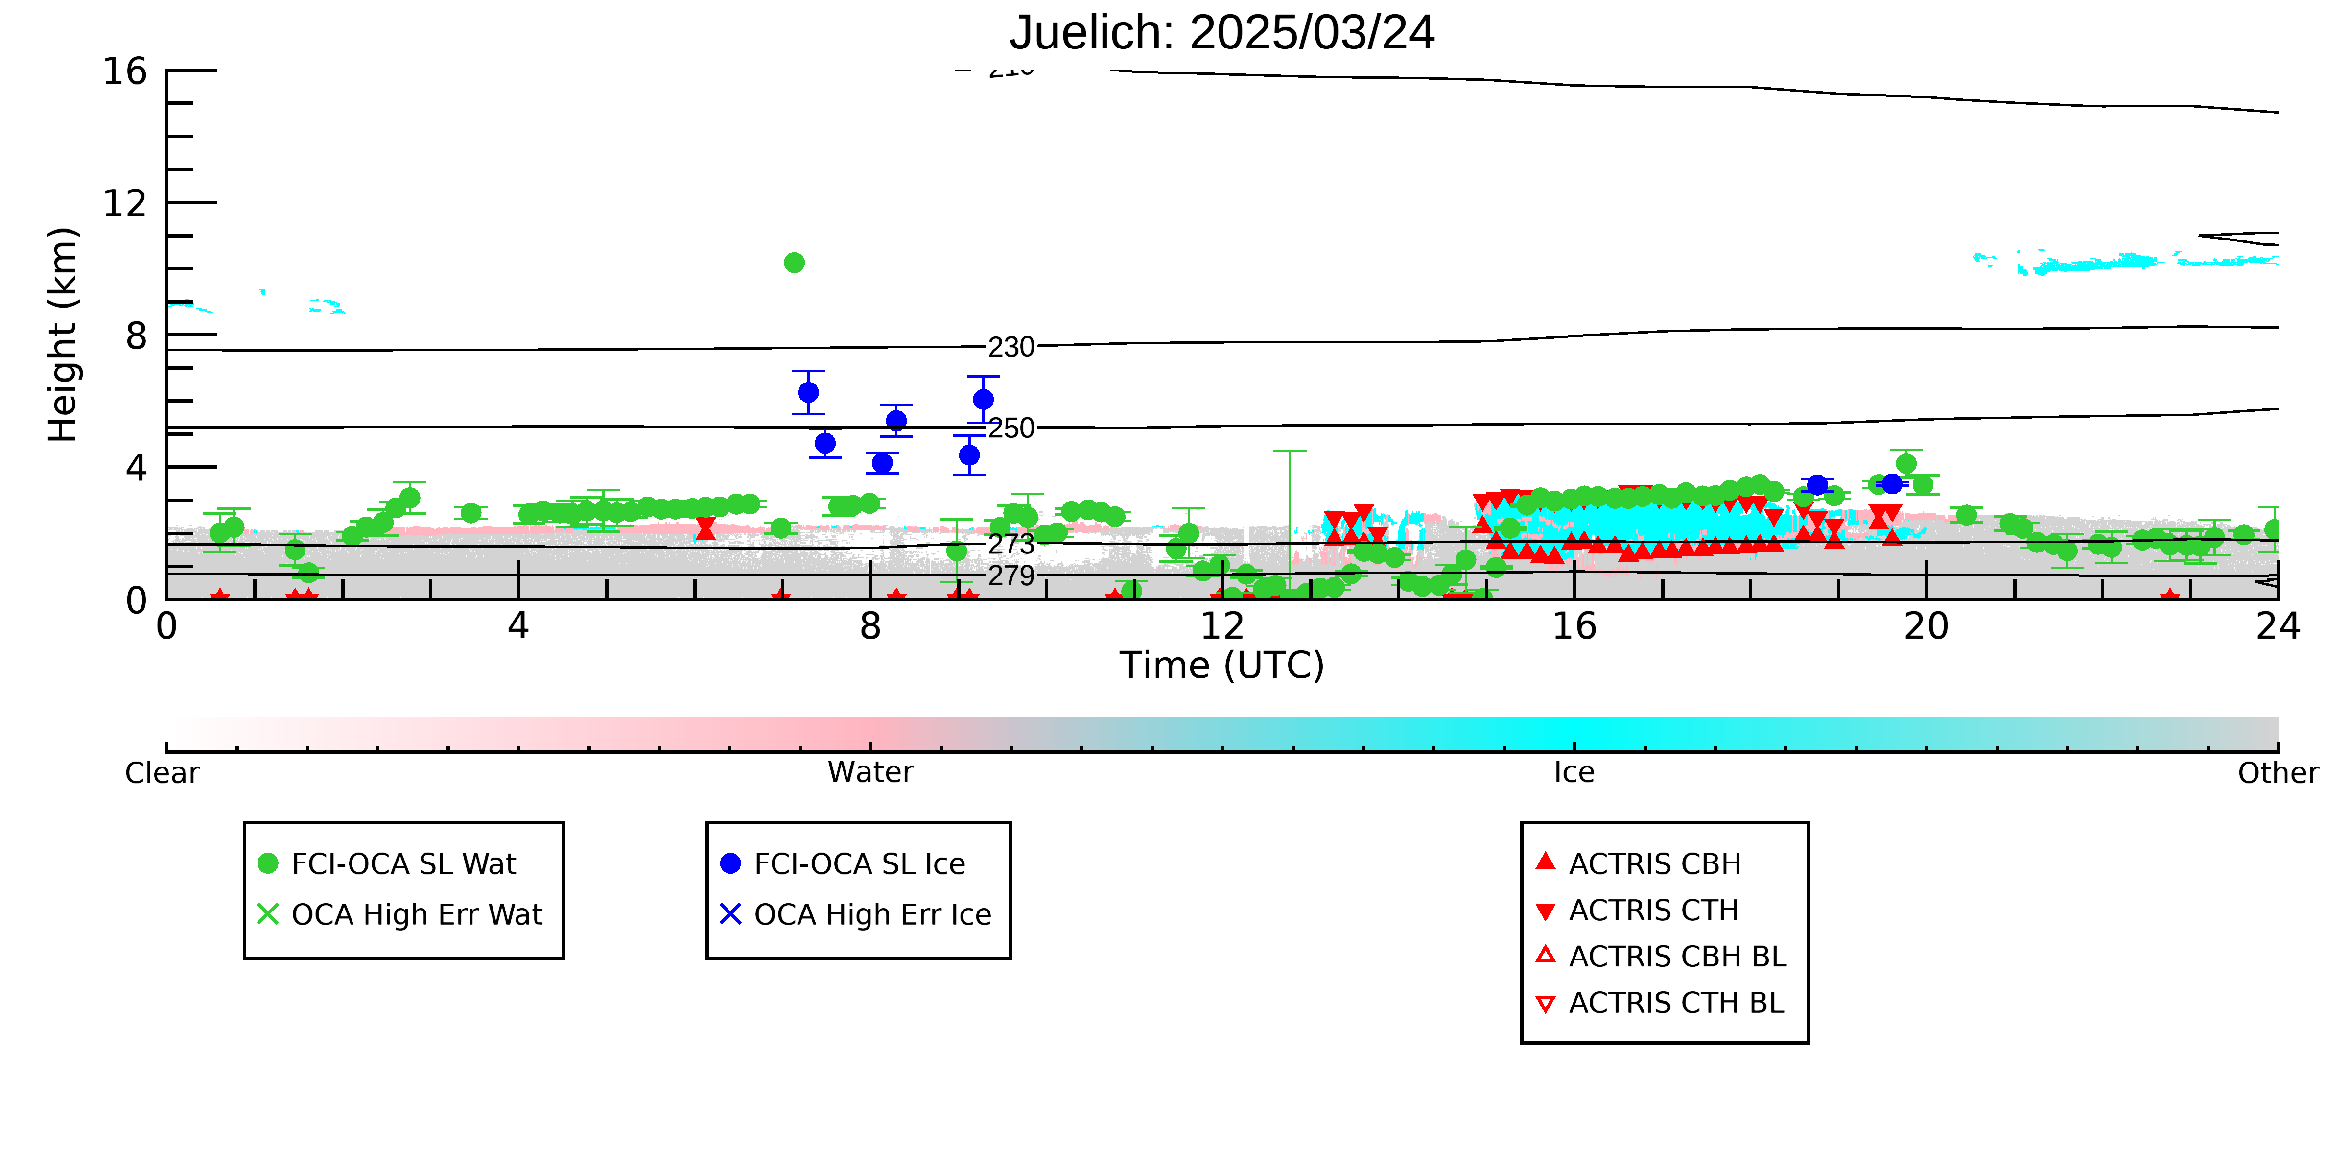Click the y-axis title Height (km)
pos(63,335)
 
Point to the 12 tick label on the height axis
pos(125,202)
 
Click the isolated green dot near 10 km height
pos(794,263)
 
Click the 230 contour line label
pos(1011,348)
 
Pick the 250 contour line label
pos(1011,428)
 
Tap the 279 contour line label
pos(1011,576)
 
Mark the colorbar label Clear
pos(163,773)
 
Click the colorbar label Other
pos(2278,773)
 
